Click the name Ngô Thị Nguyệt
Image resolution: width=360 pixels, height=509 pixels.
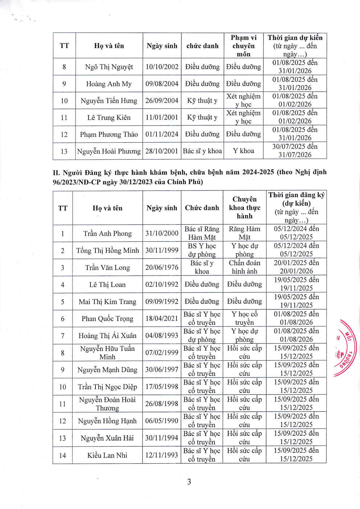(x=109, y=67)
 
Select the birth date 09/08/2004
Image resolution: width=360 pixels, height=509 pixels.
(x=162, y=84)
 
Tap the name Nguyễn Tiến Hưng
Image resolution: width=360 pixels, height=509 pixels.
(x=109, y=100)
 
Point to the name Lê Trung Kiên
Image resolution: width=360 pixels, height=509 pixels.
(x=109, y=118)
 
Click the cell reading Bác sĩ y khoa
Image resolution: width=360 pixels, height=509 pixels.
(x=202, y=151)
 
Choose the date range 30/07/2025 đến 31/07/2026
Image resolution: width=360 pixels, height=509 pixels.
(x=295, y=151)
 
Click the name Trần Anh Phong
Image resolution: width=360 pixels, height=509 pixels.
(x=107, y=233)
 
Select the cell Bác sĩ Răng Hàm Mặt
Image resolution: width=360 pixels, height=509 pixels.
(x=202, y=233)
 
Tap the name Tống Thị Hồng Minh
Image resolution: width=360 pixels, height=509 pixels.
(x=107, y=250)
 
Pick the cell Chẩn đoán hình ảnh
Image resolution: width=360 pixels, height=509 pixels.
(x=244, y=267)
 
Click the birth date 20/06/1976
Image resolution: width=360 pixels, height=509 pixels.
(x=162, y=267)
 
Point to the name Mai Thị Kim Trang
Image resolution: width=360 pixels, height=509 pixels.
(x=107, y=301)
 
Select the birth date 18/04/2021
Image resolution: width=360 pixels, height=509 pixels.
(x=162, y=318)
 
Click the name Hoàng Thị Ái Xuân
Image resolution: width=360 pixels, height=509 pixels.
(x=107, y=336)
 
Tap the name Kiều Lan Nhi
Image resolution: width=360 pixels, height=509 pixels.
(x=107, y=455)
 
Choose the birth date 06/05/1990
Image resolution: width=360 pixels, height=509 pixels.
(x=162, y=421)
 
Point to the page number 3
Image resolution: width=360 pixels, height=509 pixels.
(x=189, y=482)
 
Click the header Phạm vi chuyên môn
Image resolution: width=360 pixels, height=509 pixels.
(x=244, y=46)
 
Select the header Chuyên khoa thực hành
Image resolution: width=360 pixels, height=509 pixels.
(x=244, y=208)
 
